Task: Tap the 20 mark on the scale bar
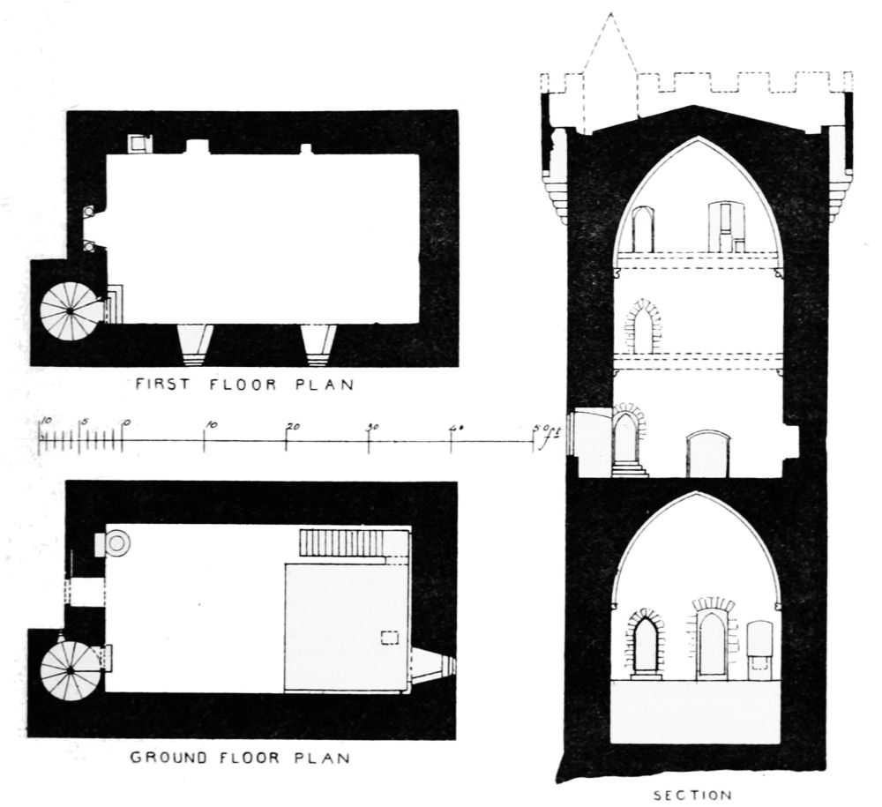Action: tap(289, 426)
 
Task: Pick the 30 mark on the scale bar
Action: tap(371, 426)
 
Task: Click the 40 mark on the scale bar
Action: tap(455, 426)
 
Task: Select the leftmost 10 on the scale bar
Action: tap(46, 421)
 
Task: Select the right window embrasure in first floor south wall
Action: tap(318, 345)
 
